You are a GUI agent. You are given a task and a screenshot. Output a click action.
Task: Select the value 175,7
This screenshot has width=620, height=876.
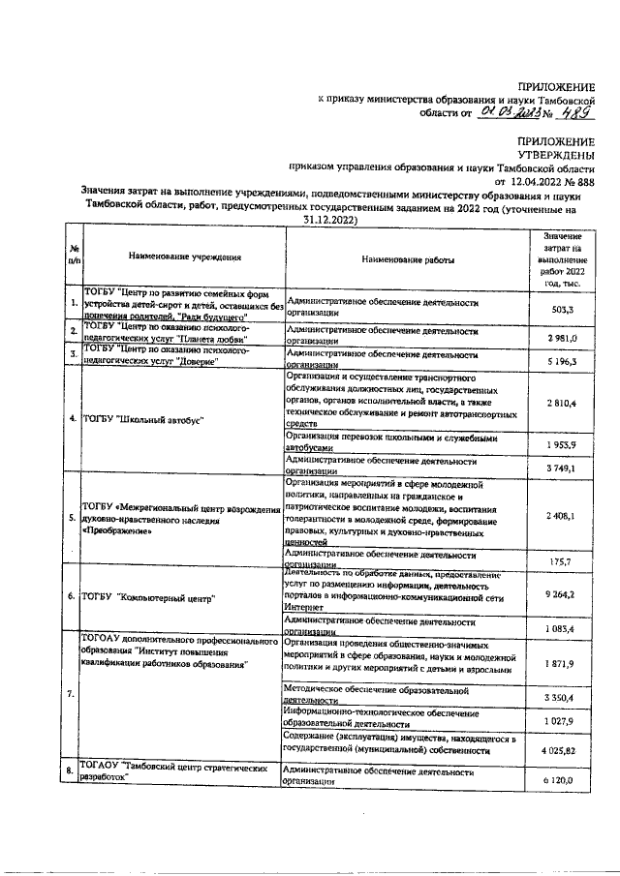pyautogui.click(x=562, y=561)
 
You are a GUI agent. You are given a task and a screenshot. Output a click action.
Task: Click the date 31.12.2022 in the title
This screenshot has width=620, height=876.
pyautogui.click(x=317, y=221)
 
